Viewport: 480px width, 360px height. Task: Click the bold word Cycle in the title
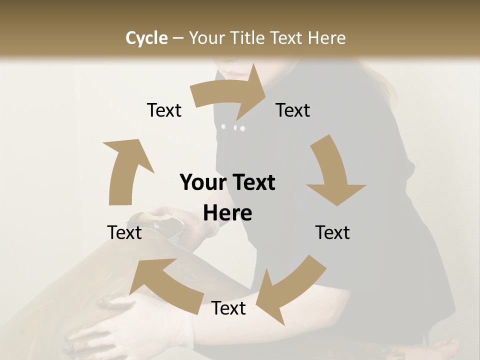point(146,38)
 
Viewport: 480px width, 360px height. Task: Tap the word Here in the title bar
point(327,38)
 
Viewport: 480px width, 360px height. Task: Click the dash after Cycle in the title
point(178,38)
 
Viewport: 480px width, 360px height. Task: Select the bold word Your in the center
point(204,182)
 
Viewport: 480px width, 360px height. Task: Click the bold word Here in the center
point(227,213)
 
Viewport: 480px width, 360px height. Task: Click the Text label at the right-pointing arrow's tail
point(164,110)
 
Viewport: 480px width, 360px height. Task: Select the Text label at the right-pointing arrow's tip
point(293,110)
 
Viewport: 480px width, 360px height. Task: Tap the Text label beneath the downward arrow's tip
point(332,232)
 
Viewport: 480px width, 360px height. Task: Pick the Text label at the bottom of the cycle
point(228,308)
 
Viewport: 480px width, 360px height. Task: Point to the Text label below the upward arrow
point(124,232)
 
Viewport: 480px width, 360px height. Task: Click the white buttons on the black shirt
point(234,127)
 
